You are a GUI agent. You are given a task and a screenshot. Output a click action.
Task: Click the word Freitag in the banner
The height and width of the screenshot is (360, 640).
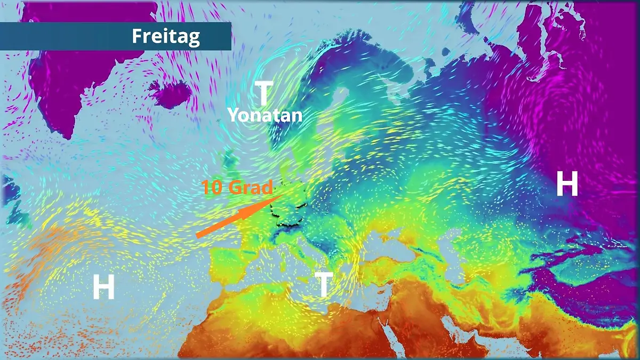tap(165, 36)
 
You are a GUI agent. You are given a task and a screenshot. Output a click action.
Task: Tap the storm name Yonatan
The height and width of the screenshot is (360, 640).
tap(265, 115)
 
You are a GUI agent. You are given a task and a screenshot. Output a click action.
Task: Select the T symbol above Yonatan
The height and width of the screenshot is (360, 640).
tap(263, 93)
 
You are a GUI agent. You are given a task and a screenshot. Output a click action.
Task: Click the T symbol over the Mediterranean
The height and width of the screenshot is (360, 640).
tap(324, 284)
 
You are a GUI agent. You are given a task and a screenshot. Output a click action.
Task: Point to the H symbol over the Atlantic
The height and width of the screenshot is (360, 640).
tap(103, 288)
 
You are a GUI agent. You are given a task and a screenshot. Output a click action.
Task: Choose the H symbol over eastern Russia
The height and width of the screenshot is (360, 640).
tap(567, 185)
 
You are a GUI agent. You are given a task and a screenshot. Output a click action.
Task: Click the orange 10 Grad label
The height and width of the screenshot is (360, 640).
tap(237, 187)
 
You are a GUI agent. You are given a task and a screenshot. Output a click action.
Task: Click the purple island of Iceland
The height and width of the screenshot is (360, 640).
tap(170, 94)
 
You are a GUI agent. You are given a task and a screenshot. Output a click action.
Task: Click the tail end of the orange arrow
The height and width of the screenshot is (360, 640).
tap(197, 235)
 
